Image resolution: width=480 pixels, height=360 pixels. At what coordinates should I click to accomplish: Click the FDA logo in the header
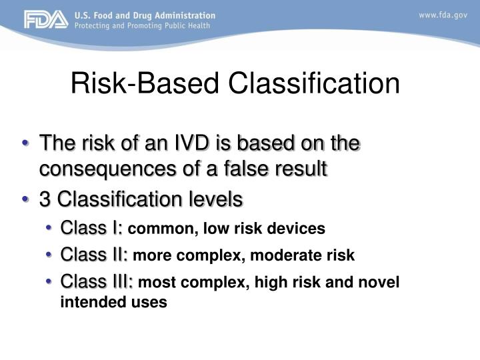point(46,20)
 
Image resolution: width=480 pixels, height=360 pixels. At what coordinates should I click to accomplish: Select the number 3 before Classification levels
point(45,199)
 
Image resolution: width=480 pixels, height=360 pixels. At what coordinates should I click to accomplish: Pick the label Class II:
point(94,255)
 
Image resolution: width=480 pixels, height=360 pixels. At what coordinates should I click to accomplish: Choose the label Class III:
point(97,281)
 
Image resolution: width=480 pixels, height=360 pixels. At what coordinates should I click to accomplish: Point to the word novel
point(381,283)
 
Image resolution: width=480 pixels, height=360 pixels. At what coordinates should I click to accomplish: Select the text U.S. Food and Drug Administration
point(145,15)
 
